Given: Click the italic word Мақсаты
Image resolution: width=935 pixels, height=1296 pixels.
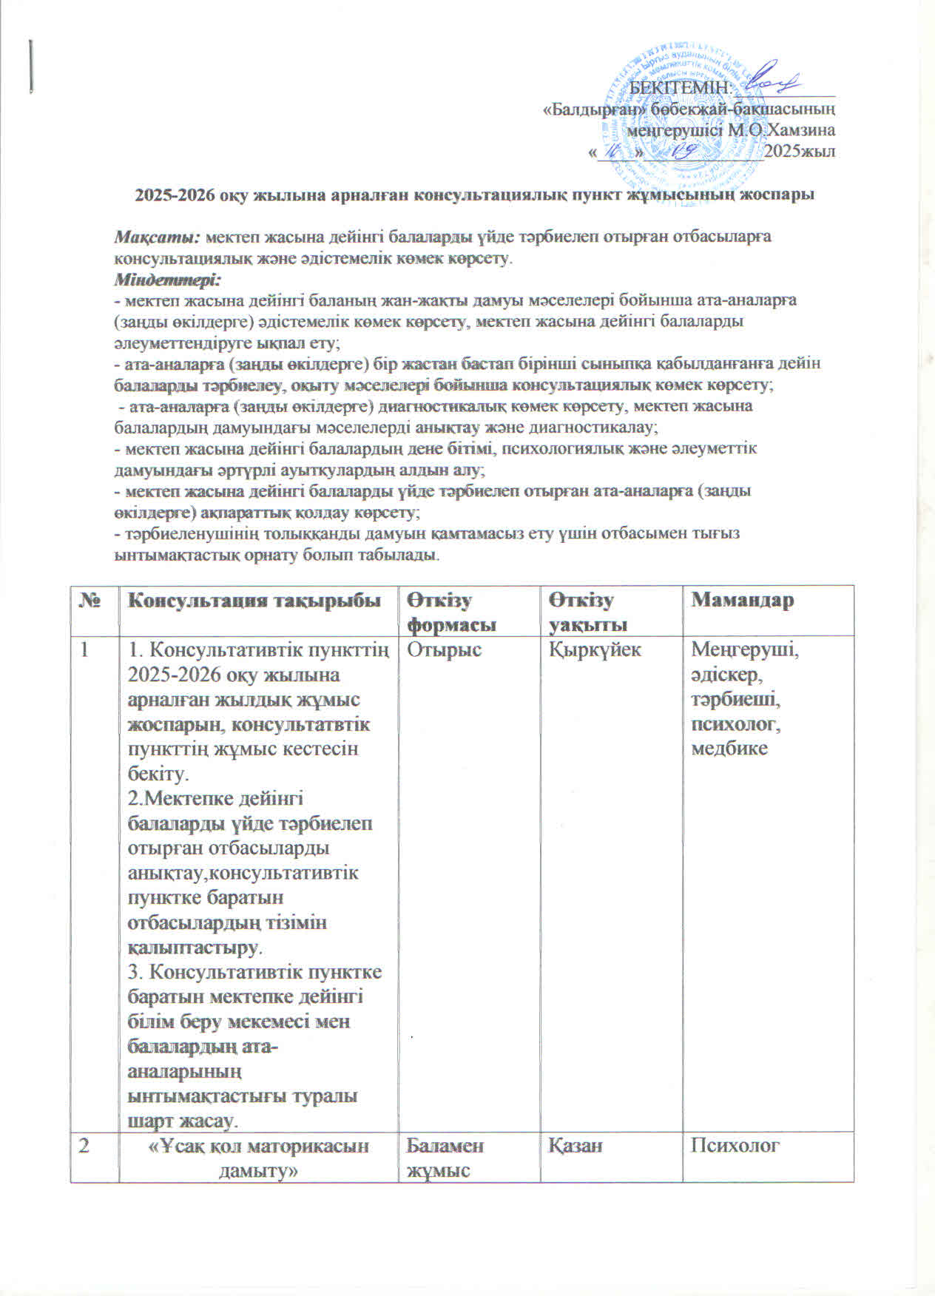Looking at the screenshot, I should pos(157,237).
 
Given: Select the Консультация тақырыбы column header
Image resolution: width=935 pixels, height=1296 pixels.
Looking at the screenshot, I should pos(255,600).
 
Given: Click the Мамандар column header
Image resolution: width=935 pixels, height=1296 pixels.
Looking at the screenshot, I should pos(742,600).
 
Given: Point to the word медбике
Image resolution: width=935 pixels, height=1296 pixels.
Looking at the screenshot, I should pos(729,748).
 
